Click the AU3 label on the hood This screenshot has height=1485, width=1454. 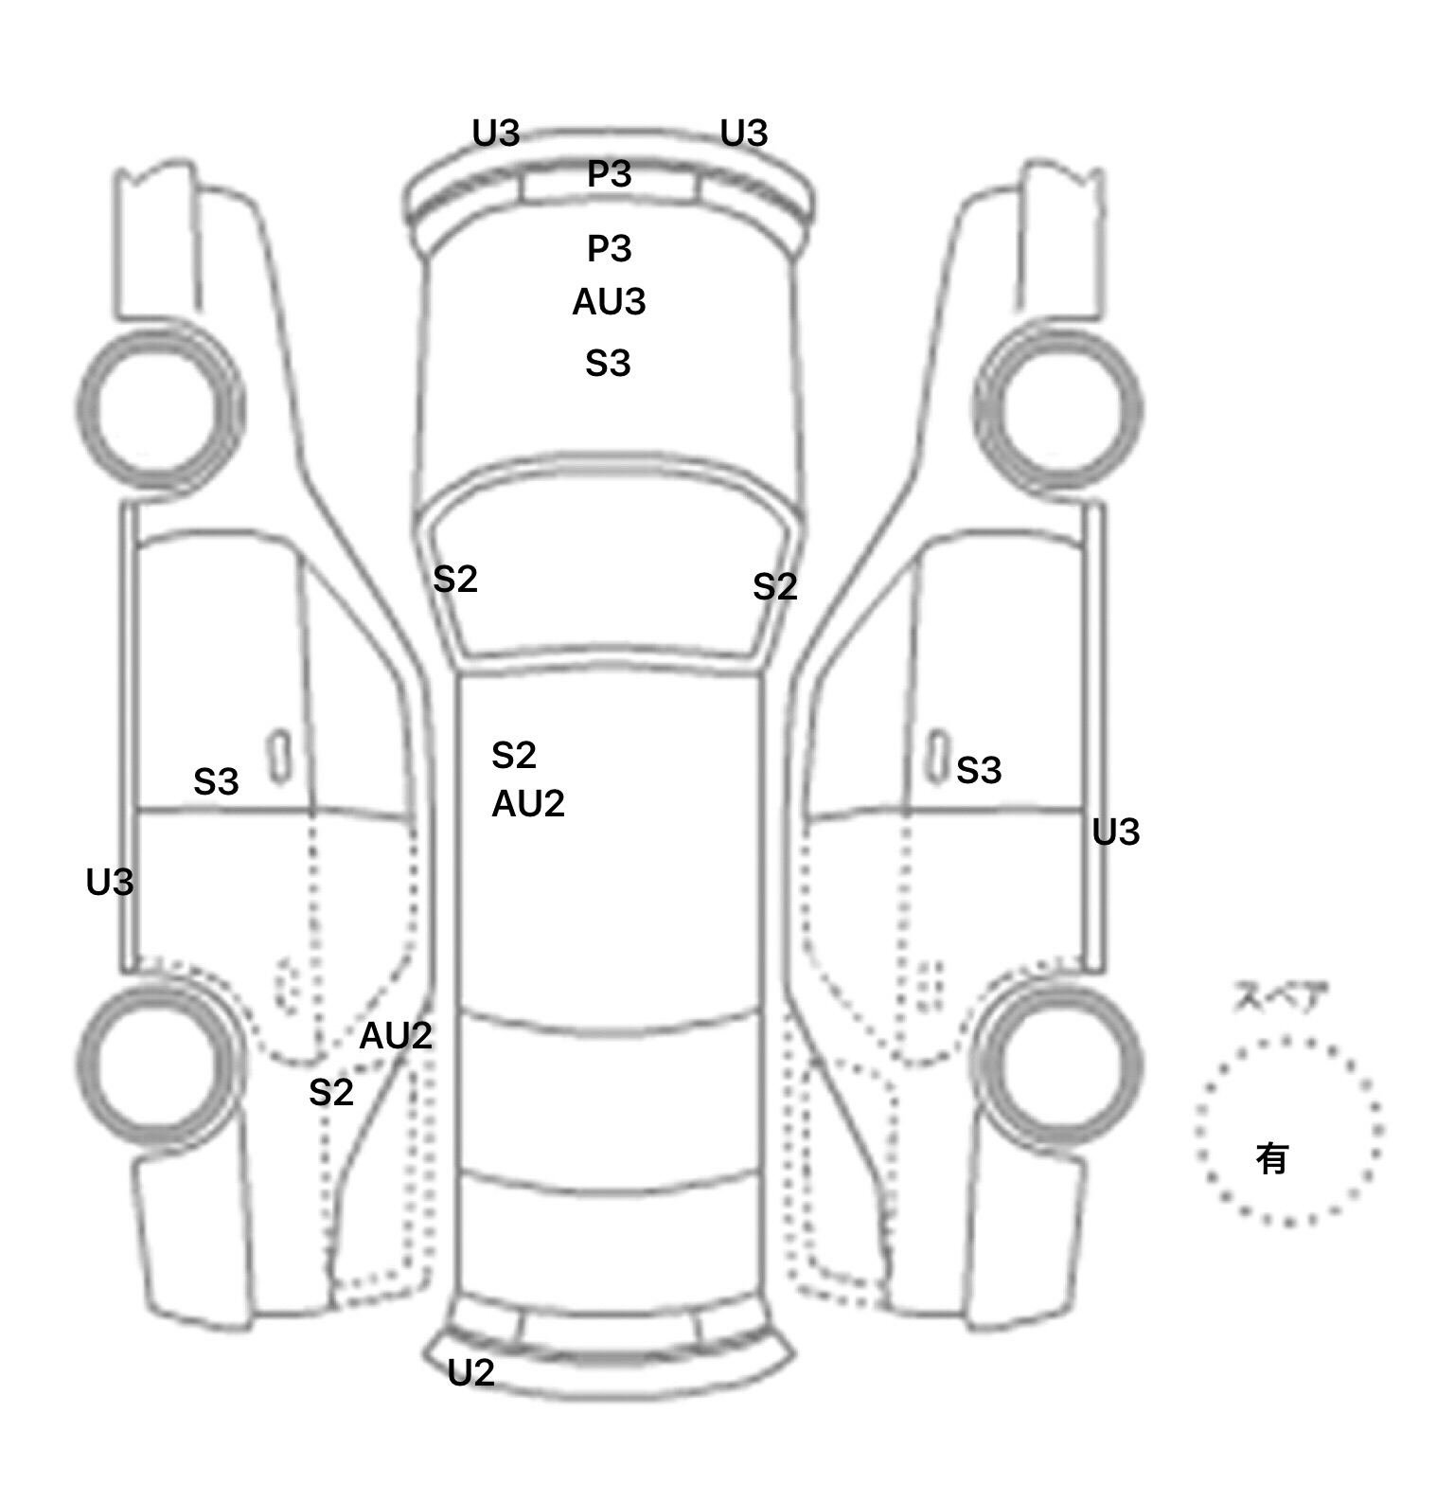609,302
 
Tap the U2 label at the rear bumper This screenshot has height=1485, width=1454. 470,1372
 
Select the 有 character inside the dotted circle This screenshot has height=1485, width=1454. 1272,1157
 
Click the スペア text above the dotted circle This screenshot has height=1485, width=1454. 1281,997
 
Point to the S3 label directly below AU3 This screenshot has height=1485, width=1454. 608,364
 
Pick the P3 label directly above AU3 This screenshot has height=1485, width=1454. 609,249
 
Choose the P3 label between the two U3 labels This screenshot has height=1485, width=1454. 609,174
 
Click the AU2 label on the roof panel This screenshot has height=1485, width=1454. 528,804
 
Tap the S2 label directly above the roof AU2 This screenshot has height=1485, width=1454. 514,756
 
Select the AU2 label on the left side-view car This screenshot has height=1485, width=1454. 396,1036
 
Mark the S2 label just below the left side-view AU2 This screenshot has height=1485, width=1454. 331,1093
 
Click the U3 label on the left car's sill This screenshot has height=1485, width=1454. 110,883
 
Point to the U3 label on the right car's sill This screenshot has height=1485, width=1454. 1116,832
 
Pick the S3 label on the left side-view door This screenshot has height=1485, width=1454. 216,782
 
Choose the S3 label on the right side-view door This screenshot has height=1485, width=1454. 979,771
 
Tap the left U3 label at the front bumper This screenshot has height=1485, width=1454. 496,134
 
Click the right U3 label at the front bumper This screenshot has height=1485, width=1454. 744,134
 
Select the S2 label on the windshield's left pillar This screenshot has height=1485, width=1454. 455,580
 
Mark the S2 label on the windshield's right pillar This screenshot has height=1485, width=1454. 775,587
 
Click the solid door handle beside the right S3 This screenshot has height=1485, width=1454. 937,757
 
